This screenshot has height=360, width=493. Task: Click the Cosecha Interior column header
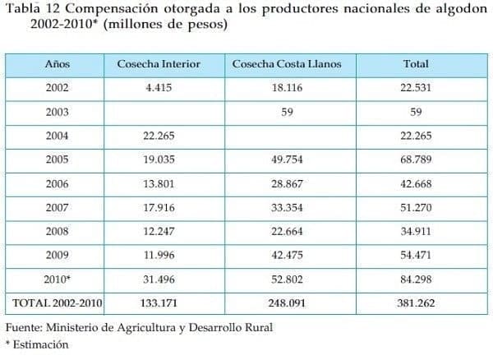click(x=159, y=63)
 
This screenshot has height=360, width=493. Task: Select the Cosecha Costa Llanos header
click(x=287, y=63)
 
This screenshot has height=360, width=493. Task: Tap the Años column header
click(x=58, y=63)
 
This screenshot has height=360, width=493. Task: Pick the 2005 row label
click(x=58, y=160)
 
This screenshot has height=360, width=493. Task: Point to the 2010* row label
click(x=58, y=279)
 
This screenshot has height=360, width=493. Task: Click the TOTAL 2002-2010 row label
click(x=58, y=303)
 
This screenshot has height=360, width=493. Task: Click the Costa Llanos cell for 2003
click(x=287, y=113)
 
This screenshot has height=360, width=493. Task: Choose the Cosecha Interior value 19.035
click(x=158, y=160)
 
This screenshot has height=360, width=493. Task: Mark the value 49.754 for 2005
click(x=287, y=160)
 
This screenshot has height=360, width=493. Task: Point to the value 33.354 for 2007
click(x=287, y=208)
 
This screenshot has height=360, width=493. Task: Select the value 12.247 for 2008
click(x=158, y=232)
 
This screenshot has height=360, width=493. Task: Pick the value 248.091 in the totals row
click(x=287, y=303)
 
